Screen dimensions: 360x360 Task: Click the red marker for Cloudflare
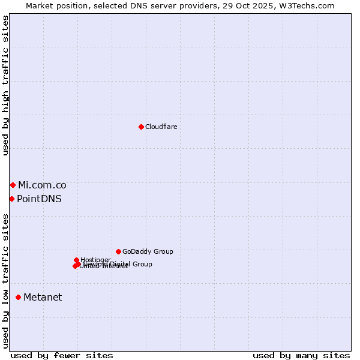point(141,127)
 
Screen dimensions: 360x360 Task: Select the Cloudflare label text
point(161,127)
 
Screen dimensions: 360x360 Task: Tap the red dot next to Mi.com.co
point(13,185)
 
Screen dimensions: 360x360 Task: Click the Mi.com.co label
point(42,185)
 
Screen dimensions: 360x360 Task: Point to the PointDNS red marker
point(11,199)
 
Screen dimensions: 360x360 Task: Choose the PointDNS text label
point(39,199)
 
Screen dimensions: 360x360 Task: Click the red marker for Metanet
point(18,297)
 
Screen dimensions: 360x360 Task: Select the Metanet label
point(43,298)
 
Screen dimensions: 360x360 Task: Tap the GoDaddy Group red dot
point(118,251)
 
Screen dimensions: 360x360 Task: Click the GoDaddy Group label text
point(148,252)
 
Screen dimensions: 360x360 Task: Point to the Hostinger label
point(96,260)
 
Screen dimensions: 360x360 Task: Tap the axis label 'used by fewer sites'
point(62,355)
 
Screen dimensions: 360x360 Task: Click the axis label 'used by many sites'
point(301,355)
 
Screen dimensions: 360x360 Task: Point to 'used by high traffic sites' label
point(6,85)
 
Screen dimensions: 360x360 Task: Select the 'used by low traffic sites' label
point(6,281)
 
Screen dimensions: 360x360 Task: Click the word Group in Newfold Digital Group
point(142,264)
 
